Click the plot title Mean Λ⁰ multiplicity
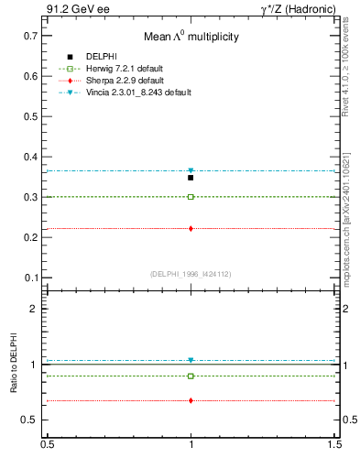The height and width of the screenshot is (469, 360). pos(190,38)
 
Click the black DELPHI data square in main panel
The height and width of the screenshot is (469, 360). pos(191,178)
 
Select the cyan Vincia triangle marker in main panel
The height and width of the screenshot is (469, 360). pos(191,171)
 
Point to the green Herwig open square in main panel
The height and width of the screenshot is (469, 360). pos(191,197)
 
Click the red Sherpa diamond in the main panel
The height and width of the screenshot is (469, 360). pos(191,228)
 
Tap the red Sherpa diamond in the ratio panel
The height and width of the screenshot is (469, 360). pos(191,400)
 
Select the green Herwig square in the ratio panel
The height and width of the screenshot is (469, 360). pos(191,376)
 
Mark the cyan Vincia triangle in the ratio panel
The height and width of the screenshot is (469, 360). pos(191,360)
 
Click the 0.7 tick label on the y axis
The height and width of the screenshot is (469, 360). pos(31,36)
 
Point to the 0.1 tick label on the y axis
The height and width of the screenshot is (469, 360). pos(31,278)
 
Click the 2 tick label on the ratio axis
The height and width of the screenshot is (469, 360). pos(36,310)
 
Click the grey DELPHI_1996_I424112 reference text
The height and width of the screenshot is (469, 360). pos(191,274)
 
